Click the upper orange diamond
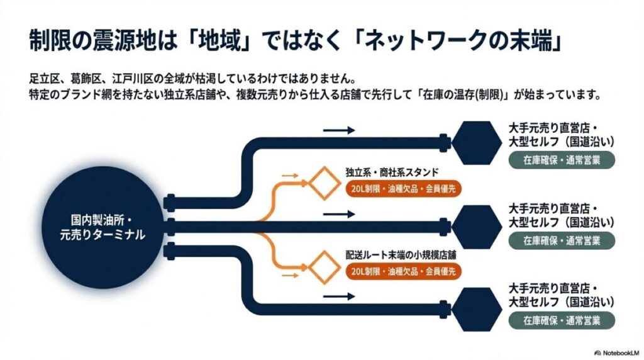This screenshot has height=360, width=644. tap(323, 183)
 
